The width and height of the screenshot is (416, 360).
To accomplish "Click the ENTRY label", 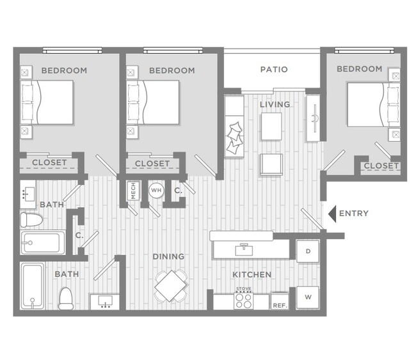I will (x=353, y=213).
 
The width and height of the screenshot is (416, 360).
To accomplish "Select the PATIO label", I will (x=274, y=69).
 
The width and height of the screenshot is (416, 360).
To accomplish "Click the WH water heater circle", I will (x=156, y=190).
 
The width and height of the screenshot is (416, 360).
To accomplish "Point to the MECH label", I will (x=133, y=191).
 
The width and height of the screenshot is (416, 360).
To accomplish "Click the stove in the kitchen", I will (x=243, y=299).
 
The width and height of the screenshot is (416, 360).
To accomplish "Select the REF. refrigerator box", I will (x=279, y=302).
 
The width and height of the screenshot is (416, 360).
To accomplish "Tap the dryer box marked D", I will (x=307, y=251).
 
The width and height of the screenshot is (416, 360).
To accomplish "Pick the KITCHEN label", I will (x=252, y=274).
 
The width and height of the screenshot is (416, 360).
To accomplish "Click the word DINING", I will (x=168, y=256).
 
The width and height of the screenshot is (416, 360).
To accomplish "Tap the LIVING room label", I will (x=275, y=104).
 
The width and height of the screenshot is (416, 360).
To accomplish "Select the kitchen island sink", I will (x=243, y=246).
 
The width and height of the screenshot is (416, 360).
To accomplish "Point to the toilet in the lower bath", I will (x=66, y=297).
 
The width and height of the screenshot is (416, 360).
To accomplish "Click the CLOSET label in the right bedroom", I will (x=381, y=166).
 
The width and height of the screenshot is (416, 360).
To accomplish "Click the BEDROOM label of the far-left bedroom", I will (x=64, y=70).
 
